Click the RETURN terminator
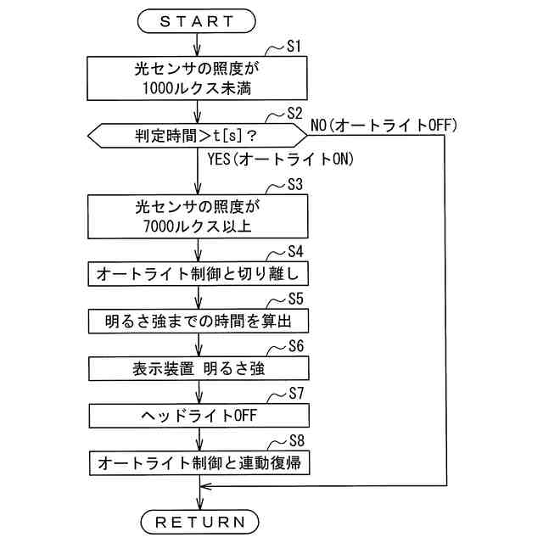pos(199,519)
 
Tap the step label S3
pos(297,185)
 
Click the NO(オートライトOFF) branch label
pos(384,125)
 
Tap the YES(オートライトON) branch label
pos(280,159)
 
